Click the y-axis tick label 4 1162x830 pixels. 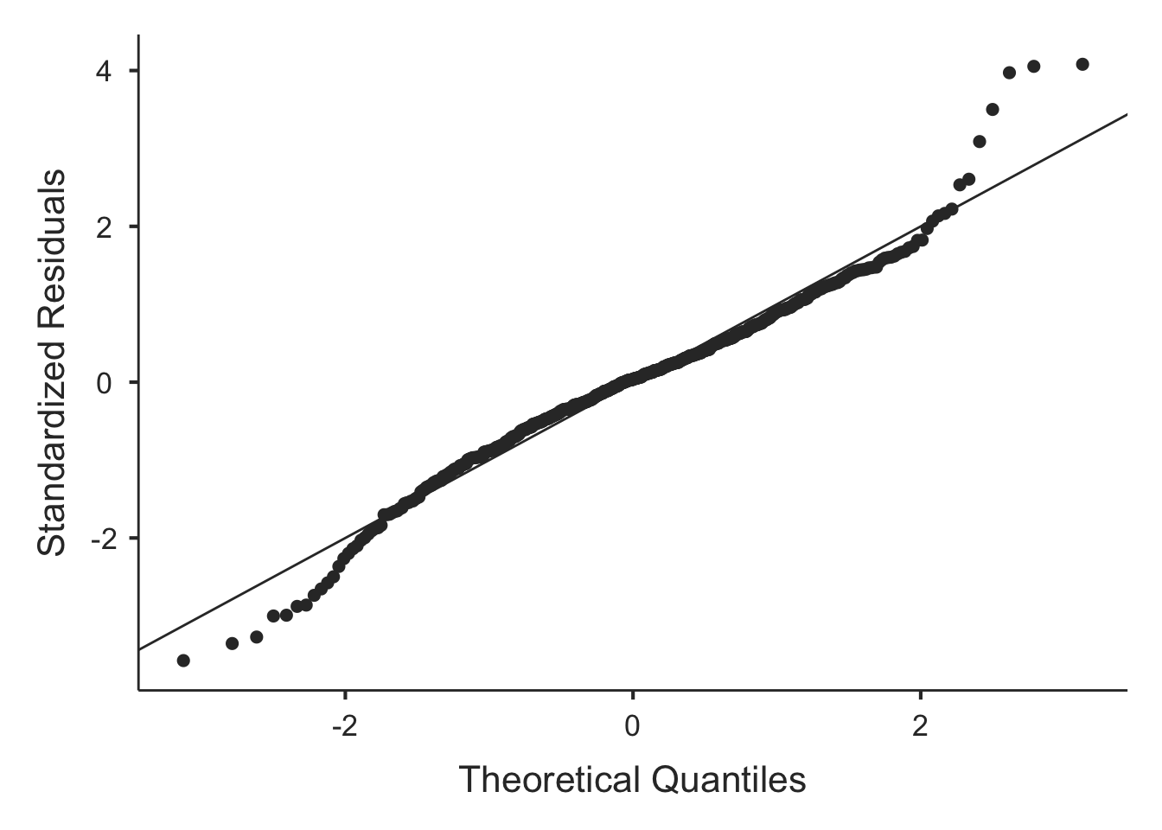coord(105,71)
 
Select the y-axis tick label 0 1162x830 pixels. coord(105,382)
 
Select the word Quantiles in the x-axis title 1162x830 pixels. coord(730,780)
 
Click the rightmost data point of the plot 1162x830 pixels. coord(1082,64)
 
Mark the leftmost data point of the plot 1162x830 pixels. coord(183,661)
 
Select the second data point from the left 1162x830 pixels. coord(232,643)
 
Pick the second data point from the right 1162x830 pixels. coord(1033,67)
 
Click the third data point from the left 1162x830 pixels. coord(256,637)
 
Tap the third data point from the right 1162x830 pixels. coord(1009,73)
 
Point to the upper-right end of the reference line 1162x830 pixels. coord(1127,114)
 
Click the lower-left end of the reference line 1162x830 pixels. coord(139,648)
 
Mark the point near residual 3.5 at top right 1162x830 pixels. coord(993,110)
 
